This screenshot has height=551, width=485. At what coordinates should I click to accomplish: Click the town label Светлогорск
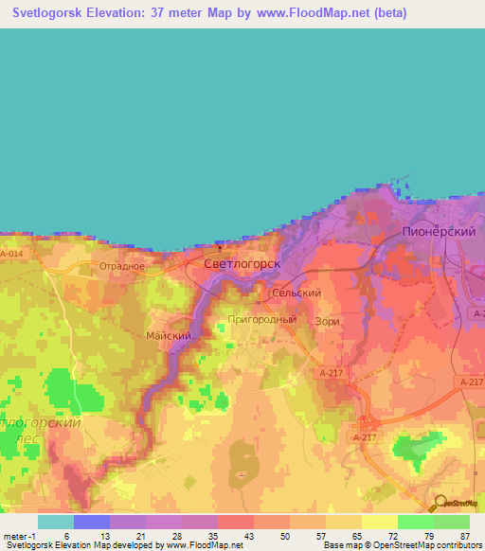pos(242,264)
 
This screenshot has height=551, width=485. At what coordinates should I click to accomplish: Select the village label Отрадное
pos(122,266)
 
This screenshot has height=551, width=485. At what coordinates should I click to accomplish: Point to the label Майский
pos(171,335)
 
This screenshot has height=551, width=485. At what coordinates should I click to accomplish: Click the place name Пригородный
pos(262,320)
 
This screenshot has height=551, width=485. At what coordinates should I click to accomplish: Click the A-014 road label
pos(11,254)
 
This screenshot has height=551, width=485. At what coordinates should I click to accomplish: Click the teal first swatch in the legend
pos(55,521)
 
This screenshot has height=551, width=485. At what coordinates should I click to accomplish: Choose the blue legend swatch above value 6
pos(91,521)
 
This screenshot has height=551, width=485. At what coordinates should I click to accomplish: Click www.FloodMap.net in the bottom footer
pos(206,545)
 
